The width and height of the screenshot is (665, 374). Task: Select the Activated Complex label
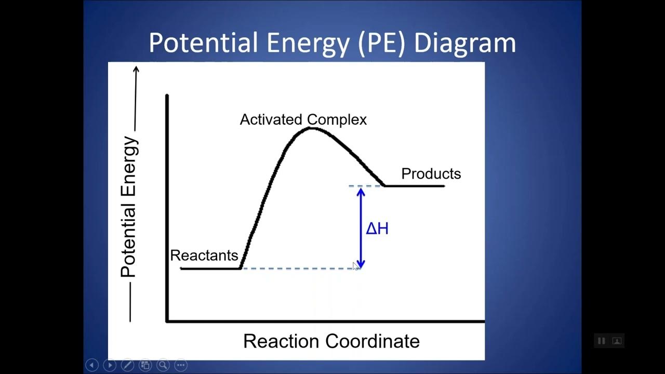pyautogui.click(x=303, y=119)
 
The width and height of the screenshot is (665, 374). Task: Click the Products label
pyautogui.click(x=431, y=173)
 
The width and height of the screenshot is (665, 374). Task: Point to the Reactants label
pyautogui.click(x=204, y=256)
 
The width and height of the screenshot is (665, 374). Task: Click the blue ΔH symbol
pyautogui.click(x=377, y=229)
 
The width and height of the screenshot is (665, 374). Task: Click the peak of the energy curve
pyautogui.click(x=310, y=127)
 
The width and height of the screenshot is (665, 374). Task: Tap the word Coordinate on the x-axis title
pyautogui.click(x=373, y=341)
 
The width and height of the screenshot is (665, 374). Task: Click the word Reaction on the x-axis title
pyautogui.click(x=281, y=341)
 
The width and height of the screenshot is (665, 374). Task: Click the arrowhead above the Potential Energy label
pyautogui.click(x=136, y=69)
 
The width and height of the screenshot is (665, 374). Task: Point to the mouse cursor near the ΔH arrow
pyautogui.click(x=355, y=266)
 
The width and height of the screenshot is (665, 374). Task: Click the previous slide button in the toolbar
pyautogui.click(x=92, y=365)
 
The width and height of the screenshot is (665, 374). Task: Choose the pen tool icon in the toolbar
pyautogui.click(x=127, y=365)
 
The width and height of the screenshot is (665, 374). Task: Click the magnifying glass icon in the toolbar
pyautogui.click(x=163, y=365)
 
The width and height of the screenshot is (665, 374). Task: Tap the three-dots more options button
pyautogui.click(x=181, y=365)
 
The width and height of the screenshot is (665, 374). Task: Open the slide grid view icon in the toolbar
pyautogui.click(x=145, y=365)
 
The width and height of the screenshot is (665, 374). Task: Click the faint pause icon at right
pyautogui.click(x=601, y=341)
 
